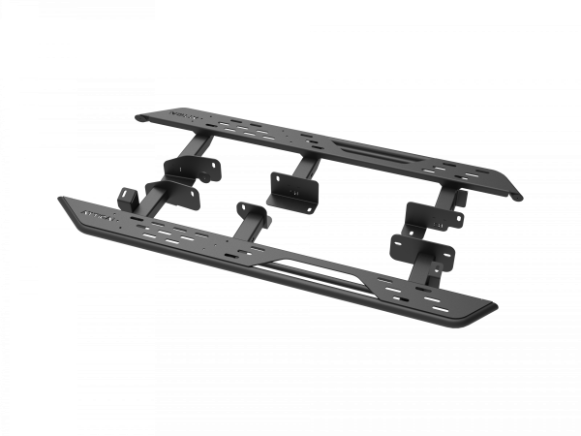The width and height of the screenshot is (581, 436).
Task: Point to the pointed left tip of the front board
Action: [x=61, y=201]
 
